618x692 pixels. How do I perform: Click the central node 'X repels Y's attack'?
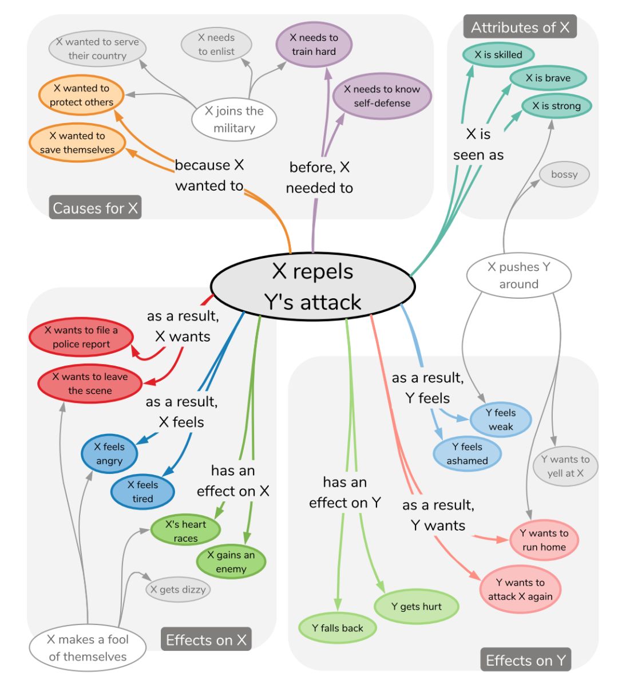313,286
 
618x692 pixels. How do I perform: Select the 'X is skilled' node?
498,55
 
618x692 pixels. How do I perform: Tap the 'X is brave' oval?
548,78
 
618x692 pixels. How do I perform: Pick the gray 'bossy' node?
564,175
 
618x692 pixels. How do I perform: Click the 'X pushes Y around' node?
518,275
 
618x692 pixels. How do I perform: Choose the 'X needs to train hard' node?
314,45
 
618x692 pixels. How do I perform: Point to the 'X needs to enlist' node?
216,45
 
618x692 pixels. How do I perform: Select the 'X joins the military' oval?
234,120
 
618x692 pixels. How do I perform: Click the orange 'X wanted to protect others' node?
81,96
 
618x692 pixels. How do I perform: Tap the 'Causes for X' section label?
95,208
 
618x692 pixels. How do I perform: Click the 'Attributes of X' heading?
520,27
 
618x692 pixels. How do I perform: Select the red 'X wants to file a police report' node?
81,338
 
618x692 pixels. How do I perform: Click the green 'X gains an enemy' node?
231,562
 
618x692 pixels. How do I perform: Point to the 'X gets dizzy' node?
178,590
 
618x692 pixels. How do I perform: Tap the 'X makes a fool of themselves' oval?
88,648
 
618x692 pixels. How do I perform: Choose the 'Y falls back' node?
338,628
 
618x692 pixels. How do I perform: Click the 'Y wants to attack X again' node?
520,590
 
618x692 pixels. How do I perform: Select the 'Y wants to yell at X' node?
565,466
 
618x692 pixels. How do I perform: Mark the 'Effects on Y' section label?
525,661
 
